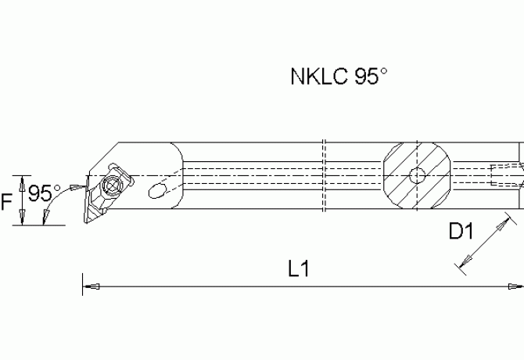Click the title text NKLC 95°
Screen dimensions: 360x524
tap(339, 77)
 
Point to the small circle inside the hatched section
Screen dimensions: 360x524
tap(418, 175)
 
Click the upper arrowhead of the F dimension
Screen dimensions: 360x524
tap(23, 179)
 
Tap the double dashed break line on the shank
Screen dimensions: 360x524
tap(324, 176)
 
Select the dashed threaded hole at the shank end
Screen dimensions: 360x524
tap(505, 175)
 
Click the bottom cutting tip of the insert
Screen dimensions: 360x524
tap(84, 222)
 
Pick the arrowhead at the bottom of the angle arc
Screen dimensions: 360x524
tap(48, 219)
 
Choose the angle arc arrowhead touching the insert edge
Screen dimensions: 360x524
tap(77, 186)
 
